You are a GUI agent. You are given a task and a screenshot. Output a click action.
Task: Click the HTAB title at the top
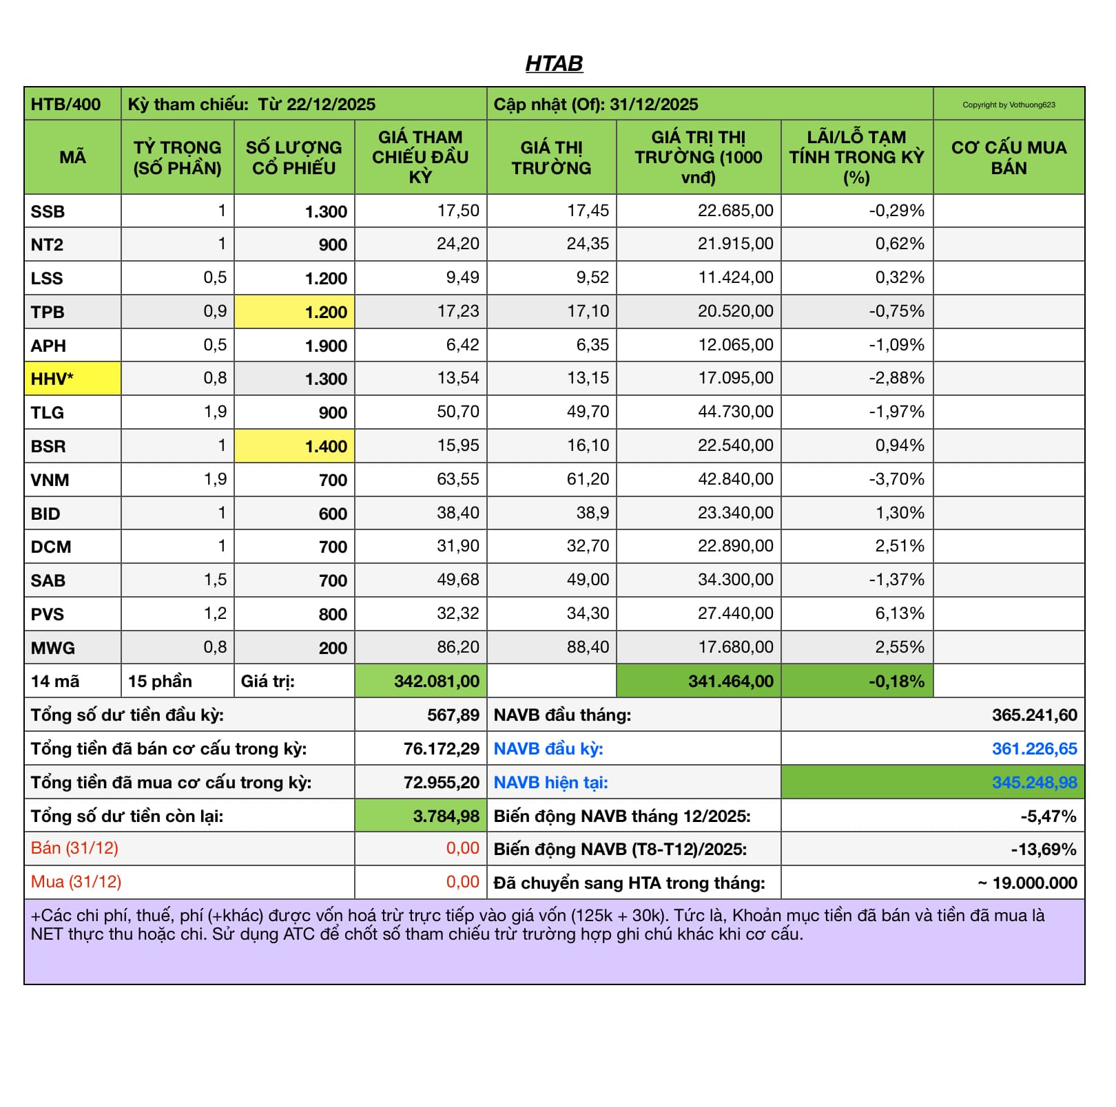click(554, 63)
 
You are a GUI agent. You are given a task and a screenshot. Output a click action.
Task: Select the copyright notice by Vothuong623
click(1009, 105)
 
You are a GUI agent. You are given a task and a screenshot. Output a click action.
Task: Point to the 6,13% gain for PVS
click(899, 613)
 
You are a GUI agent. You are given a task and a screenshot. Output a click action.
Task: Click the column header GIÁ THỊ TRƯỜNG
click(551, 158)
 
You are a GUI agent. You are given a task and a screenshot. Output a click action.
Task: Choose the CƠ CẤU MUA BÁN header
click(1009, 158)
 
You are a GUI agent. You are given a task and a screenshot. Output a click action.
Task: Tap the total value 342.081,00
click(436, 682)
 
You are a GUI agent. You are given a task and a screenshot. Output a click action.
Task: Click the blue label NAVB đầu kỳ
click(548, 749)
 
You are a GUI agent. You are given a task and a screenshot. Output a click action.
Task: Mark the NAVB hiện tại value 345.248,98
click(1034, 783)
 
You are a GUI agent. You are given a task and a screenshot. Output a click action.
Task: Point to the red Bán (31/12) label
click(74, 848)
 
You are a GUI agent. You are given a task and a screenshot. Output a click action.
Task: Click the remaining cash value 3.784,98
click(446, 816)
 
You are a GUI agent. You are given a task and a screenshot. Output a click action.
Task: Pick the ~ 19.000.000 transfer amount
click(1027, 883)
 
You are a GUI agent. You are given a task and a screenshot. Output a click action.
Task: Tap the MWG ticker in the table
click(53, 648)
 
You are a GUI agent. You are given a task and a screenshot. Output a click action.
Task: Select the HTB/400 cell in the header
click(65, 105)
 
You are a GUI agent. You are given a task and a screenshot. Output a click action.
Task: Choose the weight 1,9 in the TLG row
click(215, 412)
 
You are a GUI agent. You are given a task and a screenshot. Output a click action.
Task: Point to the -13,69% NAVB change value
click(1043, 850)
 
